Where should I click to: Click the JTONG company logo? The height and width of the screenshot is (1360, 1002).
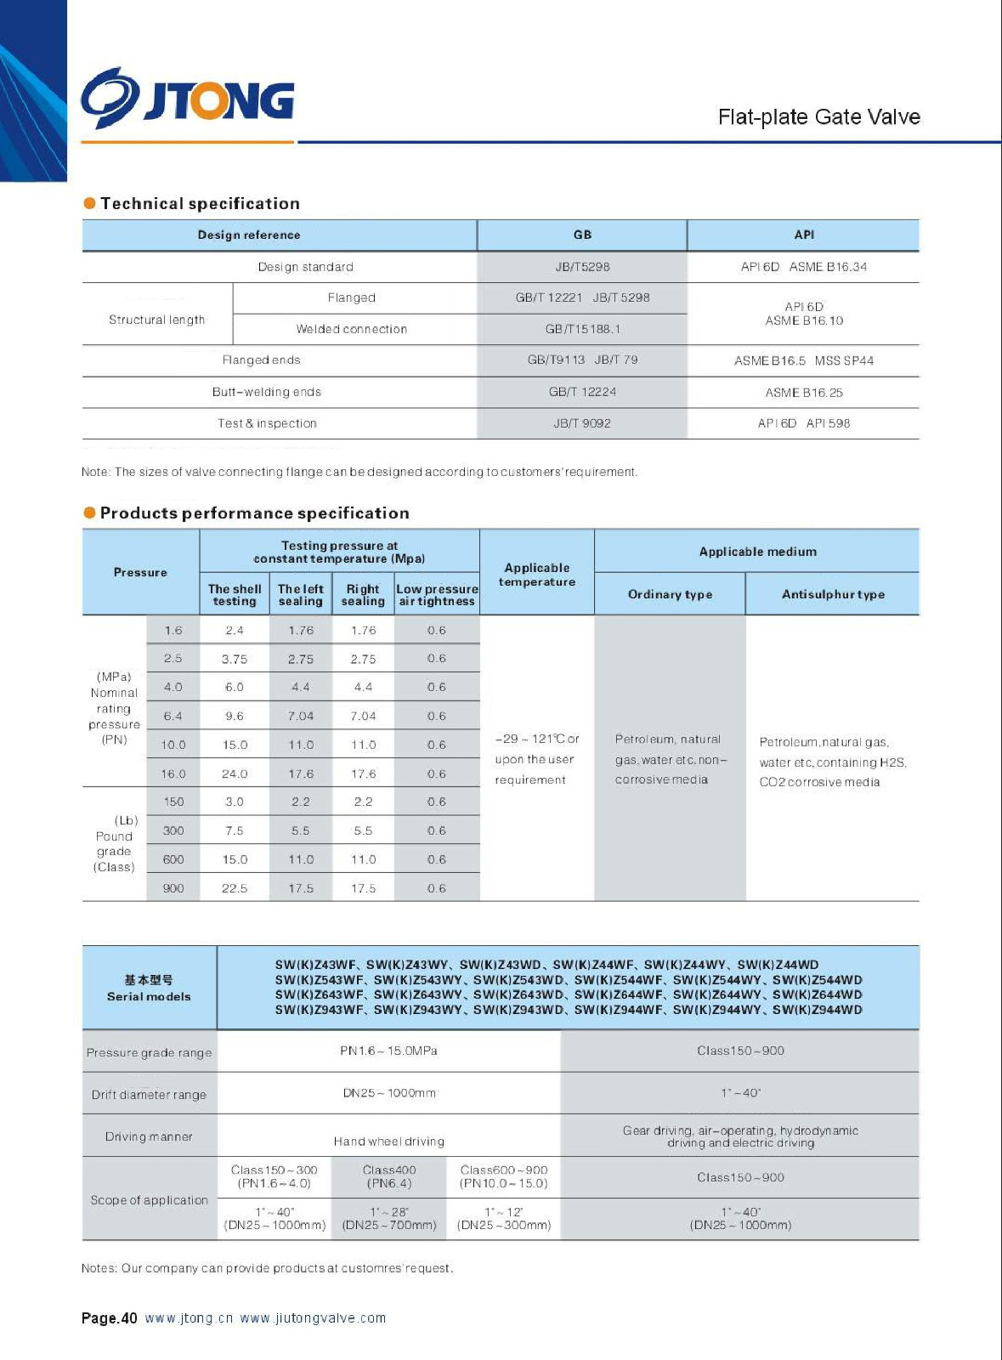pos(188,99)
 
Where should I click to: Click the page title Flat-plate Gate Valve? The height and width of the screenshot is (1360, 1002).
pos(818,117)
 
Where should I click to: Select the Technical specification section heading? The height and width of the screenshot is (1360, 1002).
pos(200,204)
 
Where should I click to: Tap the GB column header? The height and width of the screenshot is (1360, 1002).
pos(582,235)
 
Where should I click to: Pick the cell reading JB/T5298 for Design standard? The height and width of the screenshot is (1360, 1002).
pos(582,267)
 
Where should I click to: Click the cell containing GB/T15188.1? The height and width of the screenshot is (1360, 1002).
pos(582,329)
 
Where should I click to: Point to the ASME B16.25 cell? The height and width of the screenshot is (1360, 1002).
pos(803,393)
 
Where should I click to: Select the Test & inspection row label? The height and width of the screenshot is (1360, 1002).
pos(267,423)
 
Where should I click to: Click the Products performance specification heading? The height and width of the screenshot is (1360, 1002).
pos(254,513)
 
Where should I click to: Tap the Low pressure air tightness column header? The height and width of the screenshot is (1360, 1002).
pos(437,595)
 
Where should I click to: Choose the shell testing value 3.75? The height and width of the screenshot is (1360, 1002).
pos(235,659)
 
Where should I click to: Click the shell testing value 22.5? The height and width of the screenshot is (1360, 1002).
pos(235,888)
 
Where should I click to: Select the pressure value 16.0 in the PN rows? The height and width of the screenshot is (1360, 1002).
pos(173,774)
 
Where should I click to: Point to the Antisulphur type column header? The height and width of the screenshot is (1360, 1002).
pos(833,595)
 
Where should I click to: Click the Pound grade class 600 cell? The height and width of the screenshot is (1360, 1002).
pos(173,859)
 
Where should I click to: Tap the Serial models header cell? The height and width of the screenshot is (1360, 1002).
pos(149,989)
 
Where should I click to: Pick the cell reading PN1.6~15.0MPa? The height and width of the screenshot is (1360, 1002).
pos(388,1051)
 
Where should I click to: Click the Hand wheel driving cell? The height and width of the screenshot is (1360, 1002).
pos(388,1142)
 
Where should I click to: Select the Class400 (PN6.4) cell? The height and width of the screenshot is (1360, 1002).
pos(389,1176)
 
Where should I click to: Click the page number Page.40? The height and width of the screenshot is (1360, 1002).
pos(109,1318)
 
